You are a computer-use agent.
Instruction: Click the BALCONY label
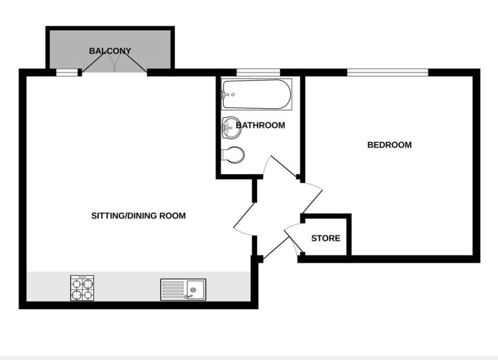(110, 51)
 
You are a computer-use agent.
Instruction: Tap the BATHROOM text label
(260, 126)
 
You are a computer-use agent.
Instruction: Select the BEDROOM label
(389, 145)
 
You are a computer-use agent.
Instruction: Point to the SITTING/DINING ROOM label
(139, 216)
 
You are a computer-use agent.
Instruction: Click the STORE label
(325, 239)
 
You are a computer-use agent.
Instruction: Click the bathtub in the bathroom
(257, 95)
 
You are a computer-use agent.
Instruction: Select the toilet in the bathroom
(233, 155)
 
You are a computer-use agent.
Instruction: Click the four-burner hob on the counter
(82, 288)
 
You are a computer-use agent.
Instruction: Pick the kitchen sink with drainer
(183, 290)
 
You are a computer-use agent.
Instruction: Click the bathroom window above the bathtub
(257, 72)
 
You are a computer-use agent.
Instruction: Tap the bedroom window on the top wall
(387, 72)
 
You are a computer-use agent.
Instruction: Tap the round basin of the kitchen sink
(194, 290)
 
